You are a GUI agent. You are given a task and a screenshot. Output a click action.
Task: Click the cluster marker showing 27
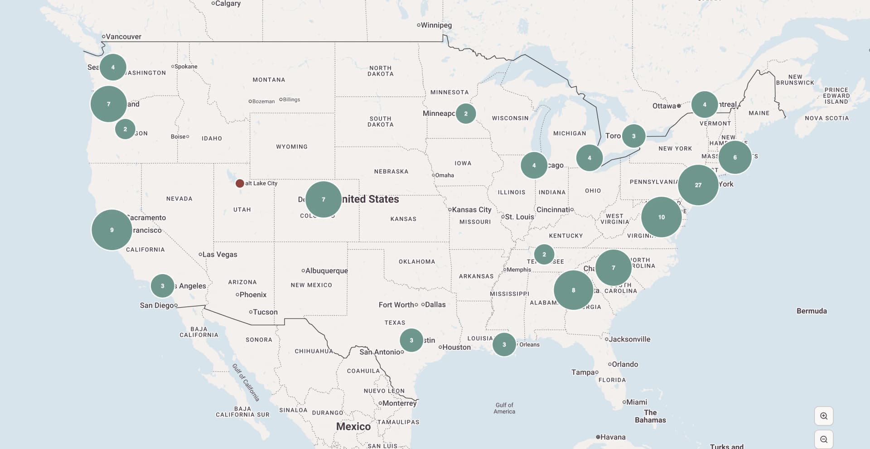(698, 185)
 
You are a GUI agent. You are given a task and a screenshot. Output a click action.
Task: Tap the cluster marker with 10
(661, 217)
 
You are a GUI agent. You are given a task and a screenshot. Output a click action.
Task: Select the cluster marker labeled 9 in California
(111, 230)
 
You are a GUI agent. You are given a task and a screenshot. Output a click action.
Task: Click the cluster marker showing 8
(573, 290)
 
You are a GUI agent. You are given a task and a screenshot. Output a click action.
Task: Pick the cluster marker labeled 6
(735, 157)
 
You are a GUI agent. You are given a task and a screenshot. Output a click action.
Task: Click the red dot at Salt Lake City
(240, 183)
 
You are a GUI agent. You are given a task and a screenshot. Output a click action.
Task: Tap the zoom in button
(823, 416)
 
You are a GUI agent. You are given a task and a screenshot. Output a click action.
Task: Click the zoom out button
(823, 439)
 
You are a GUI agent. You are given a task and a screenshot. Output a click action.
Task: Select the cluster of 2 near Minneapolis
(465, 114)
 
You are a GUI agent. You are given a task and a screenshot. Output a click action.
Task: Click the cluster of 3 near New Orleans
(504, 344)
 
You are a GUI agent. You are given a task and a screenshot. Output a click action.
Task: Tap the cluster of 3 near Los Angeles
(162, 286)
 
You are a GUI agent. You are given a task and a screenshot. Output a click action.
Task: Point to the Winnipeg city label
(436, 25)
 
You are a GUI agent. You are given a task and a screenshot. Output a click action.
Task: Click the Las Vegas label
(219, 255)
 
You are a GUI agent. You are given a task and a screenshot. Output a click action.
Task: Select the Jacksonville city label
(629, 339)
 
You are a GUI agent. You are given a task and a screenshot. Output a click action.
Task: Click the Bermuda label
(811, 311)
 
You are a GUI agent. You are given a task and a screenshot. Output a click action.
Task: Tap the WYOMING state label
(291, 147)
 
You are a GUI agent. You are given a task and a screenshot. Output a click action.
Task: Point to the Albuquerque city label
(326, 271)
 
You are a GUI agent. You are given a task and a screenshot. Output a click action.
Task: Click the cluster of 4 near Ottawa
(704, 105)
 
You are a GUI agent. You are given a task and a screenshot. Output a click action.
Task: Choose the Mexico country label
(353, 426)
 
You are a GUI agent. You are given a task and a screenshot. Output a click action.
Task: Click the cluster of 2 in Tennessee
(544, 254)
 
